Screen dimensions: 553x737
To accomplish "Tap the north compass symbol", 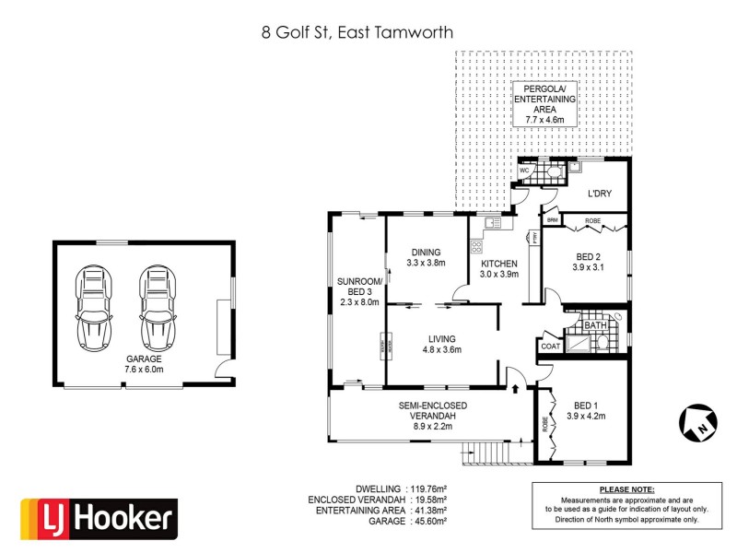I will tap(697, 422).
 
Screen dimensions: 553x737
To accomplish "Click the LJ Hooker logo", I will tap(99, 519).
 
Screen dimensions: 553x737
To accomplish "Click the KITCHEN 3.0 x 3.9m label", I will tap(499, 268).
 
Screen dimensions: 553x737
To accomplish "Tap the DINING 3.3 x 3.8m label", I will tap(426, 257).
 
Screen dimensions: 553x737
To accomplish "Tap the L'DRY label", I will tap(601, 194).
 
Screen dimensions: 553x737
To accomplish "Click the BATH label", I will tap(595, 324).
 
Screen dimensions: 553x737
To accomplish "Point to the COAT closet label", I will tap(549, 347).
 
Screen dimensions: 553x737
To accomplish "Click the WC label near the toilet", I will tap(523, 171).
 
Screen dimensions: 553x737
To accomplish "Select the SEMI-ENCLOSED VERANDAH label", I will tap(432, 410).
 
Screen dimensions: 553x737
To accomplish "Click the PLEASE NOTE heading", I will tap(626, 488).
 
